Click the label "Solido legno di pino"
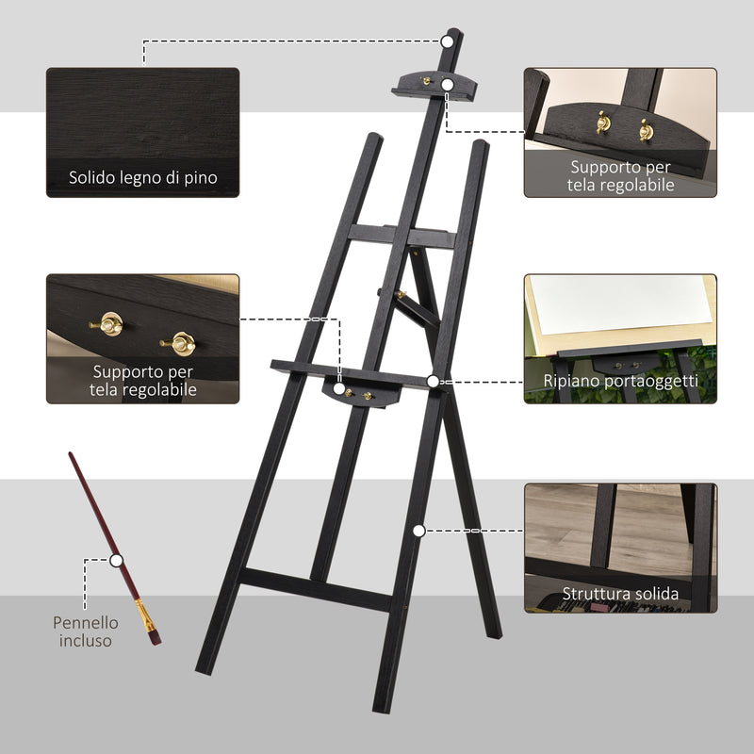click(x=143, y=177)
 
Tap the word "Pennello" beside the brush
click(x=86, y=622)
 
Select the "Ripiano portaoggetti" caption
click(x=620, y=381)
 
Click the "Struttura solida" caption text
click(x=620, y=594)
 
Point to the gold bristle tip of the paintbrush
click(x=146, y=617)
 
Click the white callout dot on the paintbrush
click(x=116, y=559)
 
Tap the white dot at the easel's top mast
click(x=447, y=41)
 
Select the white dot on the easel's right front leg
click(x=418, y=530)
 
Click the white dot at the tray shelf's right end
click(x=432, y=382)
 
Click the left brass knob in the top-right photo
click(x=602, y=123)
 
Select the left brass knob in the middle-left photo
click(x=111, y=324)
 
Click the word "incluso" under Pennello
click(x=86, y=641)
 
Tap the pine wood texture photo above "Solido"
click(x=143, y=113)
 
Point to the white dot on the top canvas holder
click(x=448, y=85)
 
